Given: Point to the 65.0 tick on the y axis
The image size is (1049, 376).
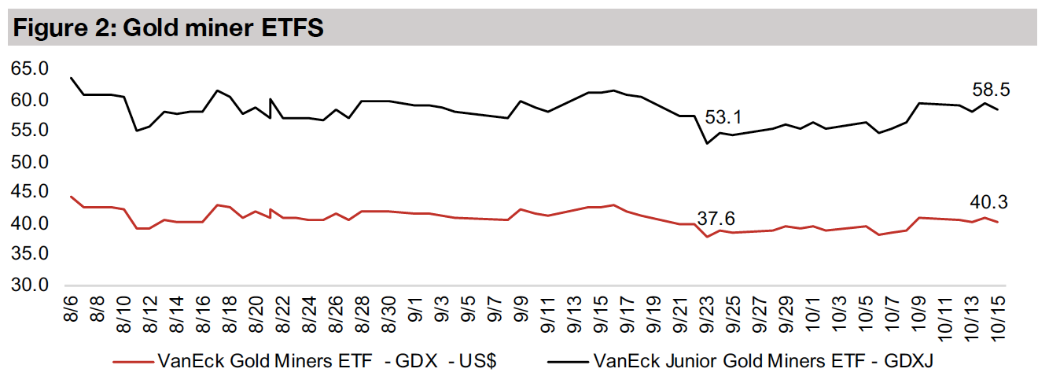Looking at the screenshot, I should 28,69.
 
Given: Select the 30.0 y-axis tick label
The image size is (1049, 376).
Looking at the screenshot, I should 28,285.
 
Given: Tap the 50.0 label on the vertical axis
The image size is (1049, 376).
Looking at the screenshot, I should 28,162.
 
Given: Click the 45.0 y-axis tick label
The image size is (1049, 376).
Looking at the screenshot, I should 28,193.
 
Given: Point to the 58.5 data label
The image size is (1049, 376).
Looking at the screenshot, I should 988,90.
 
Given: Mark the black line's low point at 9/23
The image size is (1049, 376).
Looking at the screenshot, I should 706,143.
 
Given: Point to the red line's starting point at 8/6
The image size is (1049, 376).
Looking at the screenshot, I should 71,197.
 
